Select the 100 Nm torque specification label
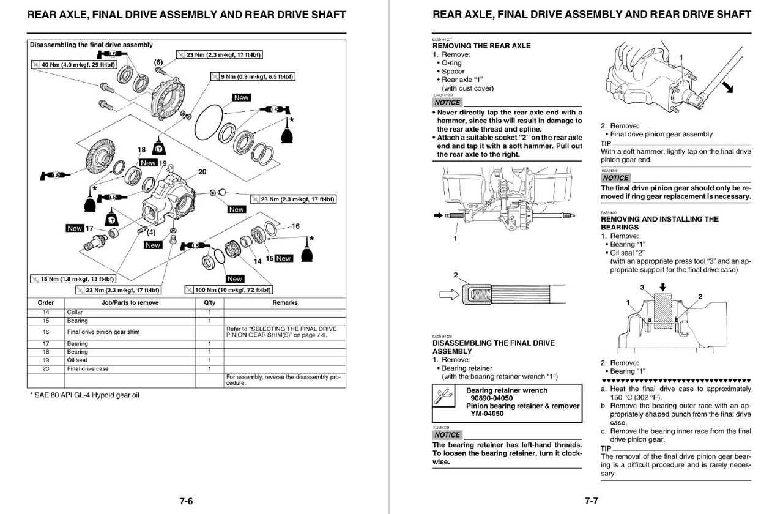229,289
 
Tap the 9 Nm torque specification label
253,76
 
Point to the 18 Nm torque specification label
73,279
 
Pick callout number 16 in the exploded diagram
295,226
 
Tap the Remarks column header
284,302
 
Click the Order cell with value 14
46,312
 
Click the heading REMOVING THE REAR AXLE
481,46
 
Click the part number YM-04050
488,414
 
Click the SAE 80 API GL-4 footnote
84,395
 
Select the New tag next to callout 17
75,228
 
